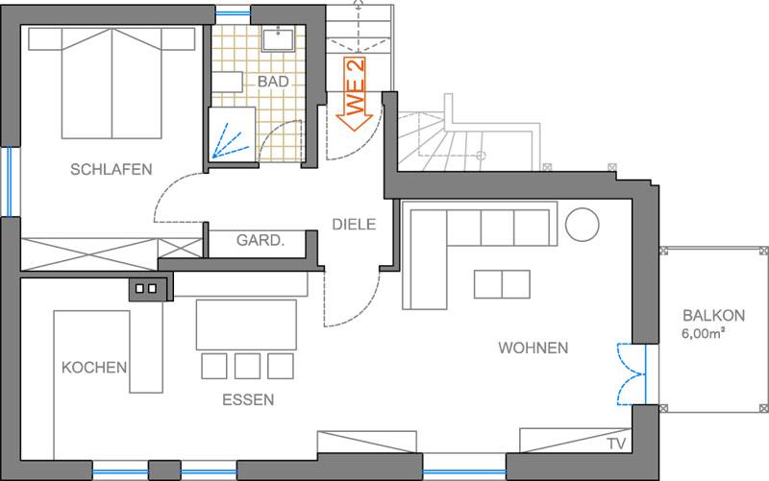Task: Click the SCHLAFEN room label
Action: point(111,170)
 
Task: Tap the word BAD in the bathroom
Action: point(273,82)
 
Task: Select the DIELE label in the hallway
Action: point(354,225)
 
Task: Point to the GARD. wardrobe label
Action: point(260,240)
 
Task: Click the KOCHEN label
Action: point(94,368)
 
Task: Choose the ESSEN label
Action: point(248,399)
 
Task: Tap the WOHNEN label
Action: point(533,348)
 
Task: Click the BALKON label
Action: point(713,316)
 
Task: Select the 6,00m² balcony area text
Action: point(704,333)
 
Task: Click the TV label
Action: point(616,444)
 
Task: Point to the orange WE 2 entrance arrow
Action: point(355,94)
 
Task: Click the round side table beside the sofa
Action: point(583,225)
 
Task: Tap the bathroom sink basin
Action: point(278,38)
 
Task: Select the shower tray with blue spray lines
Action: point(232,134)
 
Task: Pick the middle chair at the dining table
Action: point(247,366)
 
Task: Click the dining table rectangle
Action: point(246,325)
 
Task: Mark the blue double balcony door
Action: point(632,374)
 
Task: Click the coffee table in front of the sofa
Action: point(502,284)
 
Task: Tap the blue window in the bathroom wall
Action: point(233,13)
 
